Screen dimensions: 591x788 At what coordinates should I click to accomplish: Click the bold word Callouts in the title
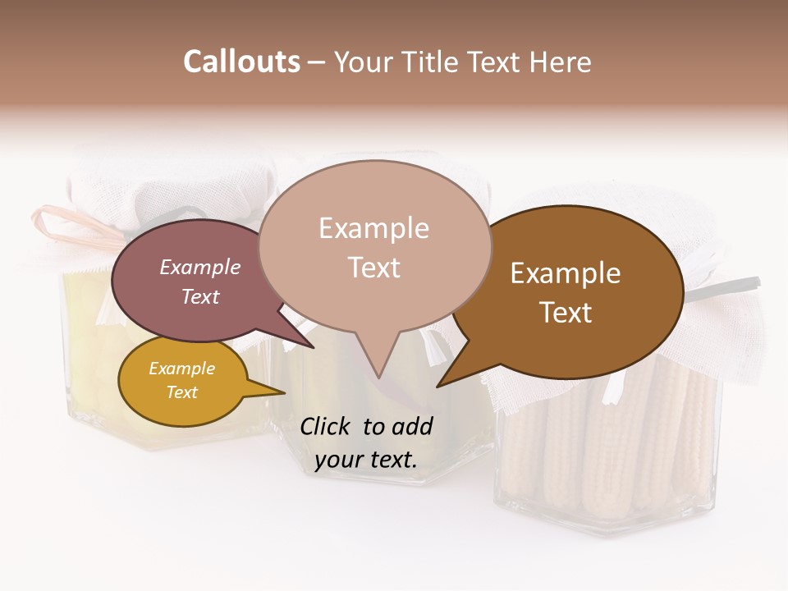(241, 62)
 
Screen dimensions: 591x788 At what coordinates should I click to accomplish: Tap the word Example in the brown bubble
(566, 273)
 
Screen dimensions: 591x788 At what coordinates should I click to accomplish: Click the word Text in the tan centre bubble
(373, 268)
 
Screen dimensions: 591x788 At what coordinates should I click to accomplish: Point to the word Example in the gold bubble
(182, 369)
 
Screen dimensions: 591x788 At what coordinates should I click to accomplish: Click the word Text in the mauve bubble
(200, 296)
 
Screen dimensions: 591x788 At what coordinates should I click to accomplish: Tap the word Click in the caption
(325, 426)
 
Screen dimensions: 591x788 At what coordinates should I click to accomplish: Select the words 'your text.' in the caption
(366, 460)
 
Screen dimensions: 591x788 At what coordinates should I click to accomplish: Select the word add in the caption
(411, 426)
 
